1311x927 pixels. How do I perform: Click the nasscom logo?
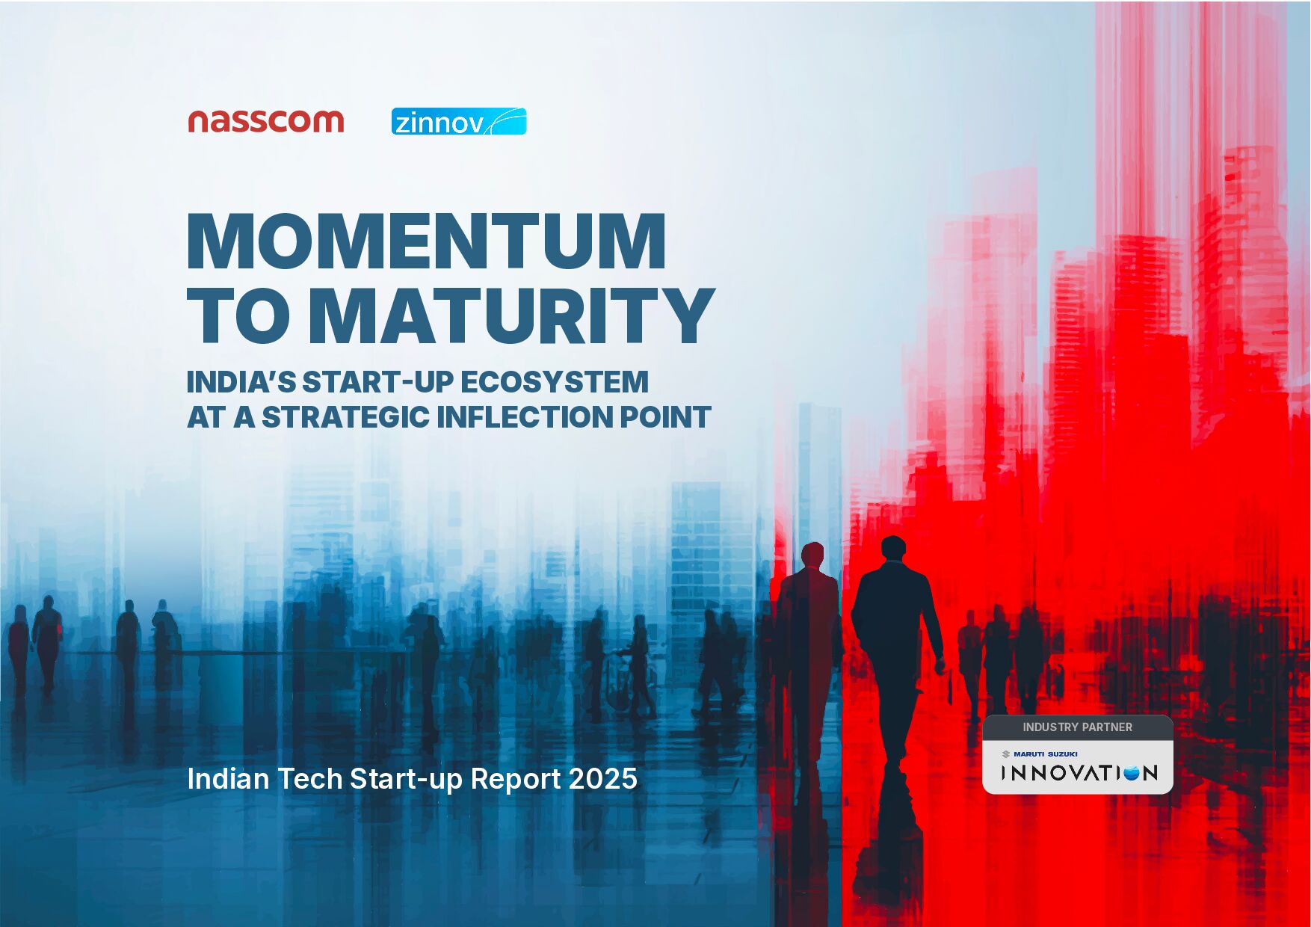pos(265,121)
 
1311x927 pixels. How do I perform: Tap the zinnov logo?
pos(458,122)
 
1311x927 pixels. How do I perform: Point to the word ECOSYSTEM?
pos(554,382)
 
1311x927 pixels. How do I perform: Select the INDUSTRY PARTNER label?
pos(1077,727)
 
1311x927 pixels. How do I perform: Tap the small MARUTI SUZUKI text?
pos(1045,754)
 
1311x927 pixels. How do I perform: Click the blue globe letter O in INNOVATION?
pos(1131,773)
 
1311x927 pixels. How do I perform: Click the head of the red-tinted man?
pos(812,554)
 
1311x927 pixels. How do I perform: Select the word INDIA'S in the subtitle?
pos(241,382)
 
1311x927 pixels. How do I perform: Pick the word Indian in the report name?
pos(228,779)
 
